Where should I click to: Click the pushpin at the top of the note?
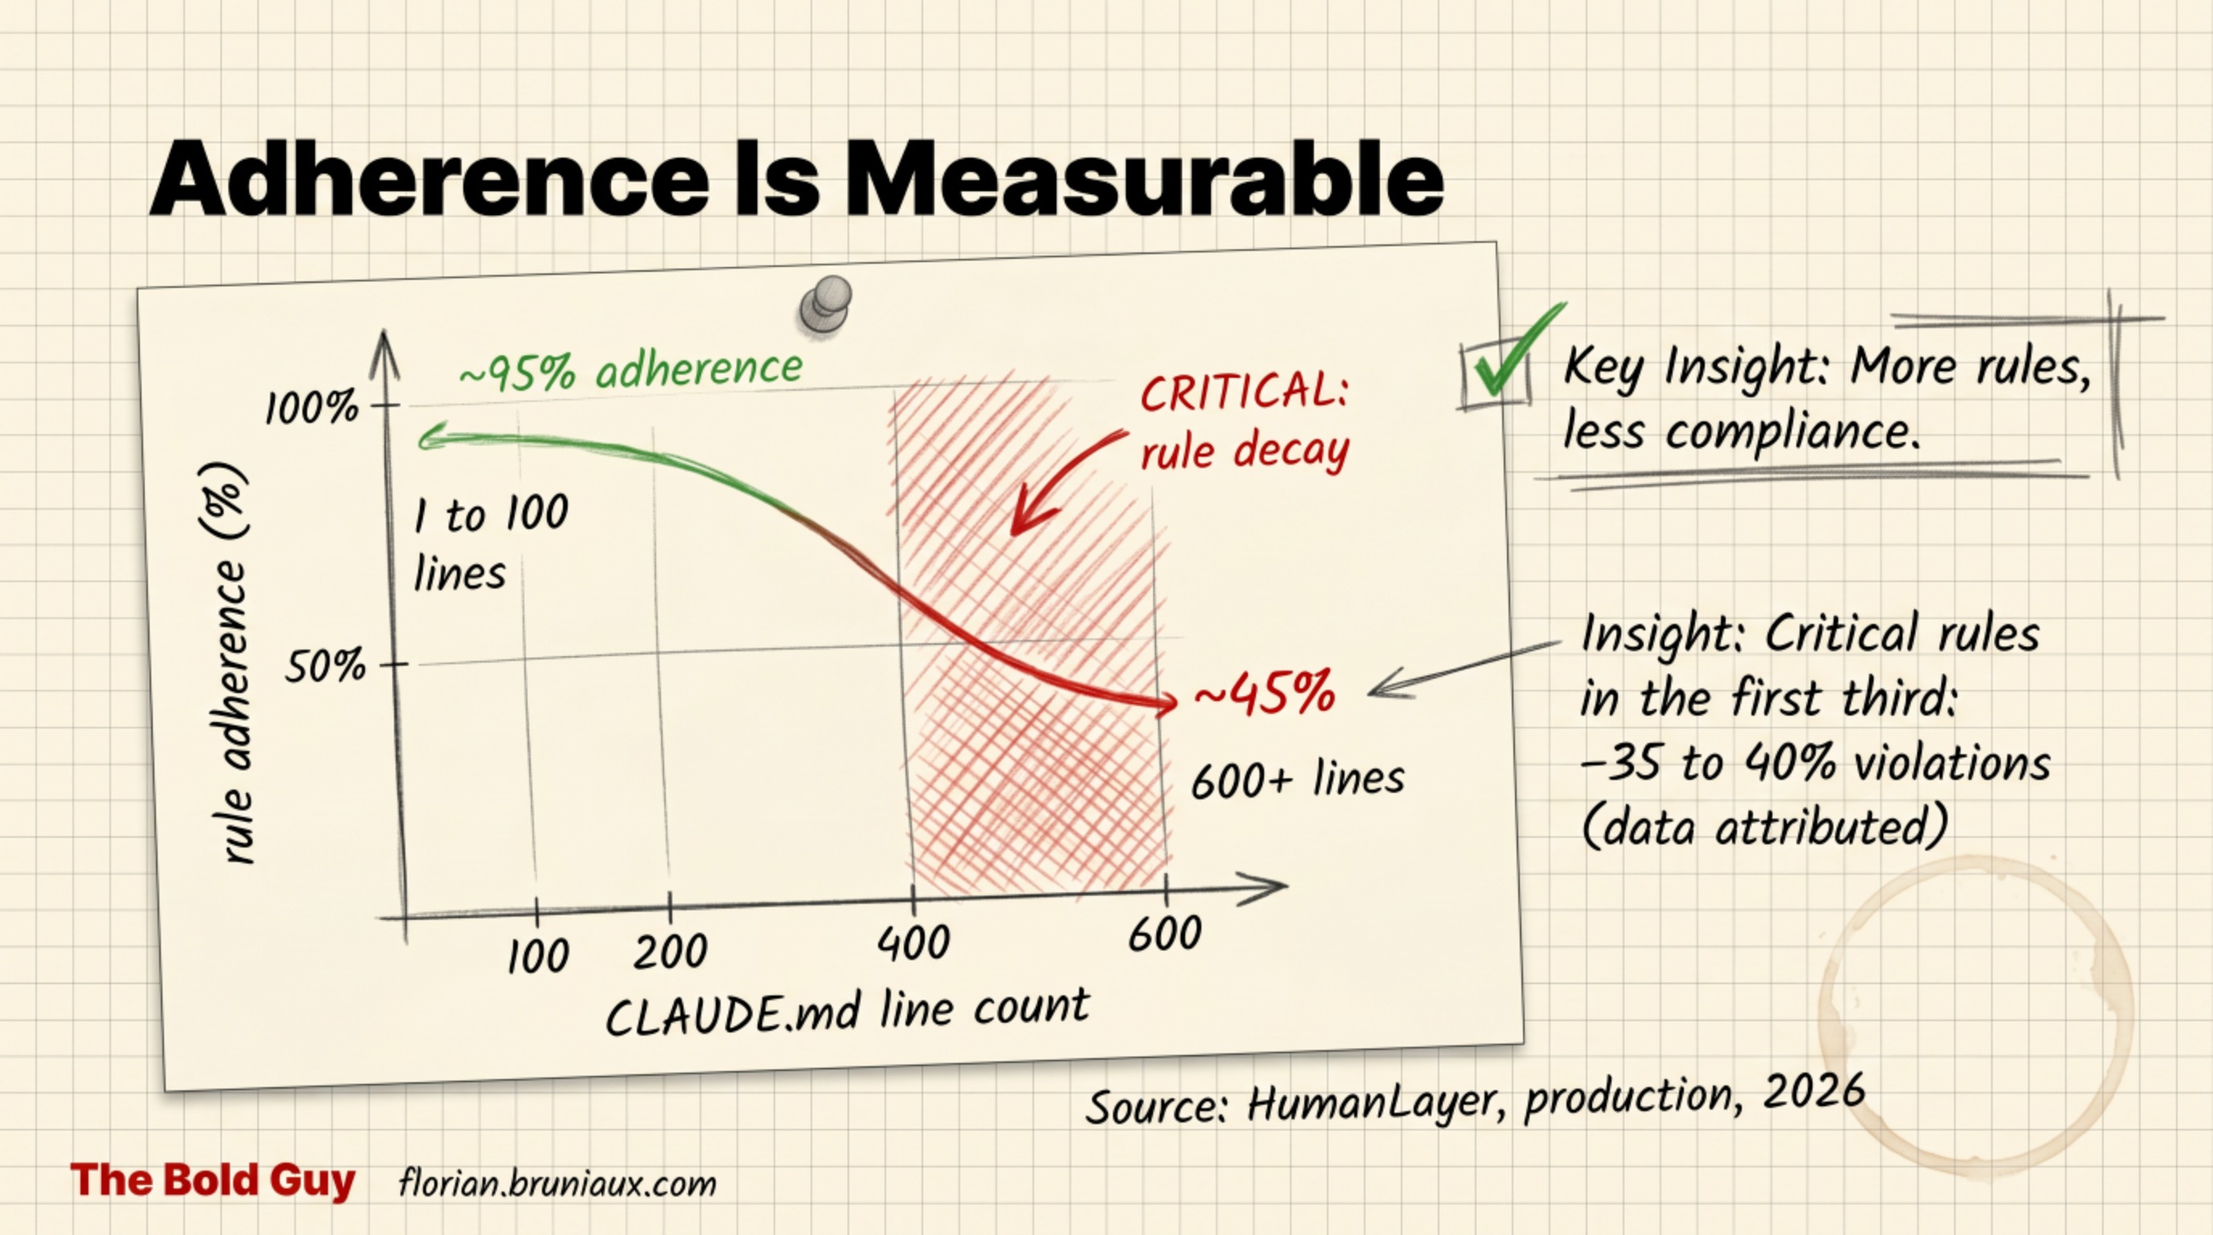coord(826,304)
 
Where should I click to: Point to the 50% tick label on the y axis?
coord(325,667)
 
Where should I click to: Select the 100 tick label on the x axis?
coord(538,956)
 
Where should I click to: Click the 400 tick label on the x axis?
coord(914,942)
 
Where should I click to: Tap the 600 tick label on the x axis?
coord(1164,934)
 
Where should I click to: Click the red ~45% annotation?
coord(1265,694)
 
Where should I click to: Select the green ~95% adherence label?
coord(630,369)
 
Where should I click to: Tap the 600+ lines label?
coord(1297,780)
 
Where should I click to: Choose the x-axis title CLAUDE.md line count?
coord(847,1011)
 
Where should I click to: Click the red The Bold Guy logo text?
coord(212,1180)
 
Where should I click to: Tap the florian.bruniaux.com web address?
coord(557,1184)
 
